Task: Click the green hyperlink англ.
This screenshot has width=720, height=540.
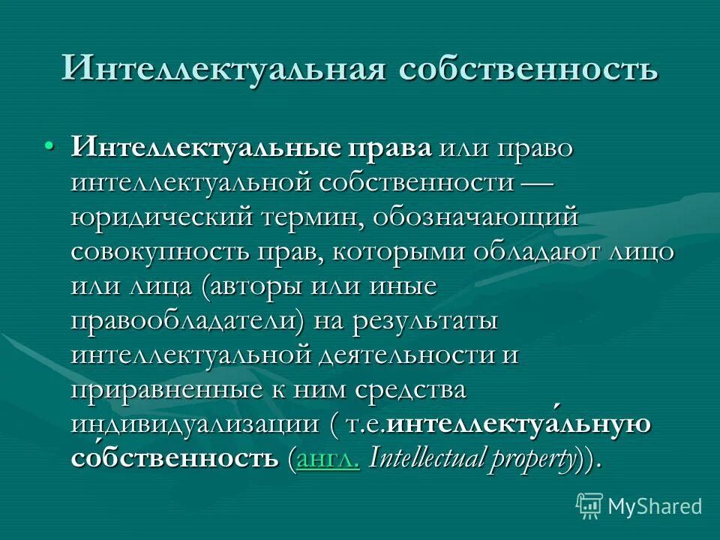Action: tap(328, 459)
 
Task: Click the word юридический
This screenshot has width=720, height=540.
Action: tap(160, 217)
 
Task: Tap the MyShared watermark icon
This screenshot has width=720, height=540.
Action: tap(589, 505)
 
